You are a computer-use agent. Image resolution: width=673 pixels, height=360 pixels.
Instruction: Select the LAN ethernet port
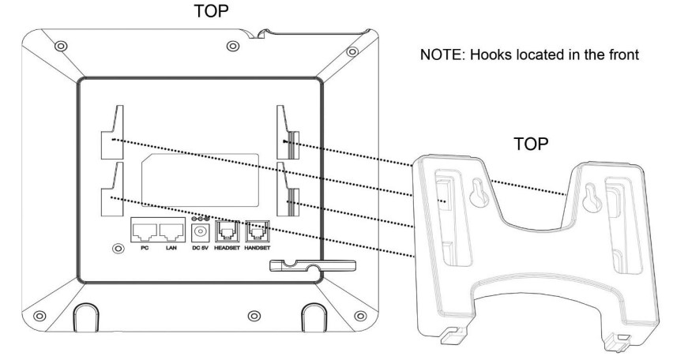(171, 230)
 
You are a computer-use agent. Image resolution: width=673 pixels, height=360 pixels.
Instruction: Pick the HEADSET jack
(227, 231)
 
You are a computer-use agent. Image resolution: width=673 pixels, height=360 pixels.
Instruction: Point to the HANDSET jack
(258, 231)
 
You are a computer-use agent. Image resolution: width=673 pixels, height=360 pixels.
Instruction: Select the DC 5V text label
(201, 248)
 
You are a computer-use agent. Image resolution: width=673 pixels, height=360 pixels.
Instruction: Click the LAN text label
(171, 248)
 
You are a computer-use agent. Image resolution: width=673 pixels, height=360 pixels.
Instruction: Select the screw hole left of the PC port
(118, 248)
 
